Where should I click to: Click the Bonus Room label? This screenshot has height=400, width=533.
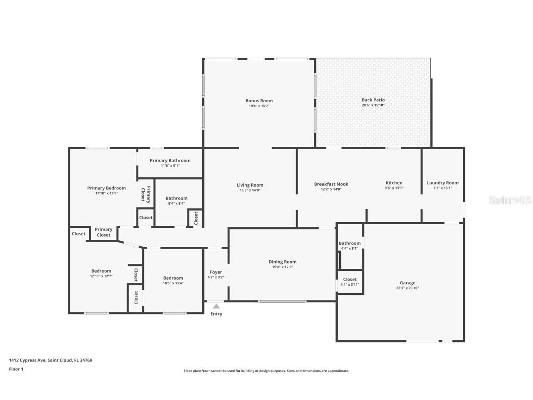(259, 100)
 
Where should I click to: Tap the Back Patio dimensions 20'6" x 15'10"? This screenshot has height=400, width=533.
(373, 105)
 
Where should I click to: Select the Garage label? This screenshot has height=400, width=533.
(407, 283)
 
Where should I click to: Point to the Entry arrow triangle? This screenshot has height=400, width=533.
(216, 306)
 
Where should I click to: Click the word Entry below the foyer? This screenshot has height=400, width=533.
(216, 314)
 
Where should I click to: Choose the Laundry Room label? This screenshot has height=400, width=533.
(442, 183)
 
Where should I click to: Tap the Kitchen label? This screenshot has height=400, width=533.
(394, 183)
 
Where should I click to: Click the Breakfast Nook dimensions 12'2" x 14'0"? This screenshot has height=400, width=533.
(331, 189)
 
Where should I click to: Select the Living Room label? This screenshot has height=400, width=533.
(250, 185)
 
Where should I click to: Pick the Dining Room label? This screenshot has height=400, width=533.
(282, 262)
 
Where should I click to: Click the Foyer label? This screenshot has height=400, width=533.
(216, 272)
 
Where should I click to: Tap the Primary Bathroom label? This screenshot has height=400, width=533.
(170, 161)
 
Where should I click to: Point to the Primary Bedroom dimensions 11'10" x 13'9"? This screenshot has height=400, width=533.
(106, 193)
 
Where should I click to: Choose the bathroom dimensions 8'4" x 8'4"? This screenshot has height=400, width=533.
(176, 203)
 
